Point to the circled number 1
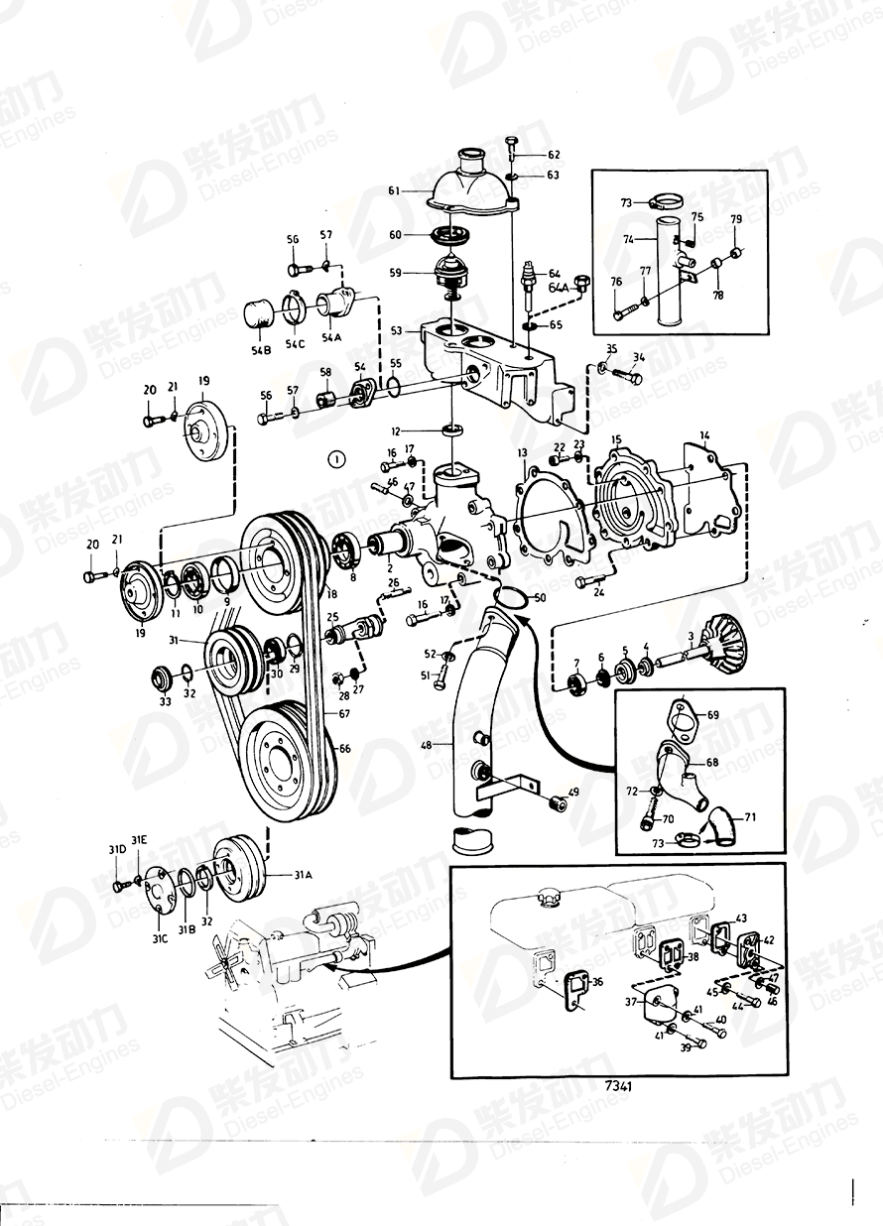coord(337,458)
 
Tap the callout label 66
coord(343,749)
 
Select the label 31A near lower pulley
coord(302,875)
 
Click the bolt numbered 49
coord(560,804)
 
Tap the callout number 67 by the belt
coord(343,714)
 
